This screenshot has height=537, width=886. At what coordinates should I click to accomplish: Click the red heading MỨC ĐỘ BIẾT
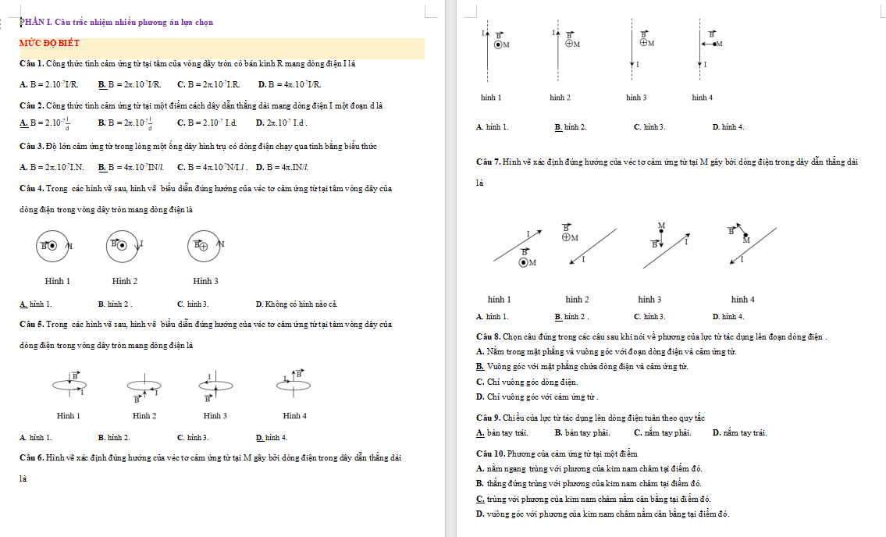coord(44,43)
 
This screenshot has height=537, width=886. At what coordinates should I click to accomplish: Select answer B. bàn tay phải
coord(582,432)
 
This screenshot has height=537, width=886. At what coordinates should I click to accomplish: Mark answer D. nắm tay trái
coord(739,432)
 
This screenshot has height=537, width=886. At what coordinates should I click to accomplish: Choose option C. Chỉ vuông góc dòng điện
coord(526,382)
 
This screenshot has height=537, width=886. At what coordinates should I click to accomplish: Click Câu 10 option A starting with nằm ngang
coord(589,468)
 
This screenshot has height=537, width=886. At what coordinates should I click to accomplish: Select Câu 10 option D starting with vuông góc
coord(602,514)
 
